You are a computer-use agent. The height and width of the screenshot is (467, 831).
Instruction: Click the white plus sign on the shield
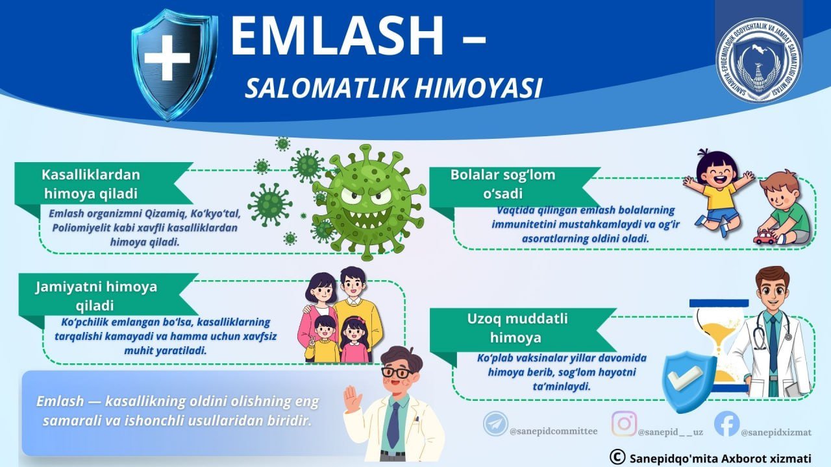pyautogui.click(x=167, y=58)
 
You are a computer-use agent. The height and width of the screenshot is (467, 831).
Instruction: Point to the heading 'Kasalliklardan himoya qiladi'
pyautogui.click(x=90, y=184)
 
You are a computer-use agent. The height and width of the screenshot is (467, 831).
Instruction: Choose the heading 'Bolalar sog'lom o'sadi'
pyautogui.click(x=503, y=184)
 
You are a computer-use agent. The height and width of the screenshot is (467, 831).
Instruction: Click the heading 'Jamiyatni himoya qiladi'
pyautogui.click(x=96, y=295)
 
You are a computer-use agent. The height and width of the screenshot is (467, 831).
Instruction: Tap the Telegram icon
pyautogui.click(x=495, y=424)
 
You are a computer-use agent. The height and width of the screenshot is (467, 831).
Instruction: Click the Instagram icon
pyautogui.click(x=624, y=424)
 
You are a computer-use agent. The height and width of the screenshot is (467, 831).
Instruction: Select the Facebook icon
pyautogui.click(x=726, y=424)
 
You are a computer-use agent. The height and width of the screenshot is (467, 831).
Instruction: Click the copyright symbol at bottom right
pyautogui.click(x=617, y=457)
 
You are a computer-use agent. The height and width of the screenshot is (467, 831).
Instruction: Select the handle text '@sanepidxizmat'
pyautogui.click(x=775, y=432)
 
